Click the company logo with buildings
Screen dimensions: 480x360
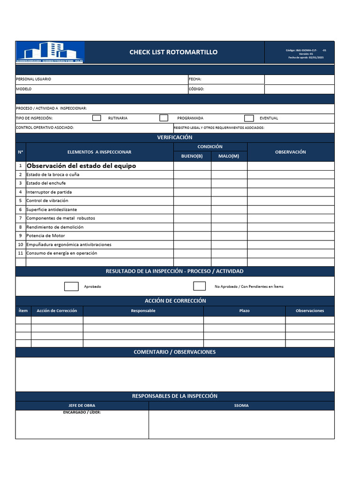50,52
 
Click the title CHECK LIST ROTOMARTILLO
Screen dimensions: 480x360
173,52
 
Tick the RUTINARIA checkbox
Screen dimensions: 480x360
97,118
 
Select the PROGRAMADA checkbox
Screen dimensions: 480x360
164,118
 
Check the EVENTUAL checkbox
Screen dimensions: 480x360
249,118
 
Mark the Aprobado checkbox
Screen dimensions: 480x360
71,286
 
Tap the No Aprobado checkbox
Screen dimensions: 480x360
199,286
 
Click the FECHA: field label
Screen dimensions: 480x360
195,79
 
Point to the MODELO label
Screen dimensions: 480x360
24,89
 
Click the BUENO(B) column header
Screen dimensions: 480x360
192,156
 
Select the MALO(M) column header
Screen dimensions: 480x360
229,156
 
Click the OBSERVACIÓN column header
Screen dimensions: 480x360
291,152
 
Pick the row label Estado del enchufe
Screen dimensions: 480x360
46,183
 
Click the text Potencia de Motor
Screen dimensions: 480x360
45,236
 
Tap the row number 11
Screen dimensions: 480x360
21,253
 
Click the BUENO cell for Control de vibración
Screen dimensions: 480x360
192,201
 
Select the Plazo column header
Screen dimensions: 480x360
244,311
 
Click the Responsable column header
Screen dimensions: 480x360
143,311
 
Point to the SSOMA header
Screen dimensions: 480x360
241,405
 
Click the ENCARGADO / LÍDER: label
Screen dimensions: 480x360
82,412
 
